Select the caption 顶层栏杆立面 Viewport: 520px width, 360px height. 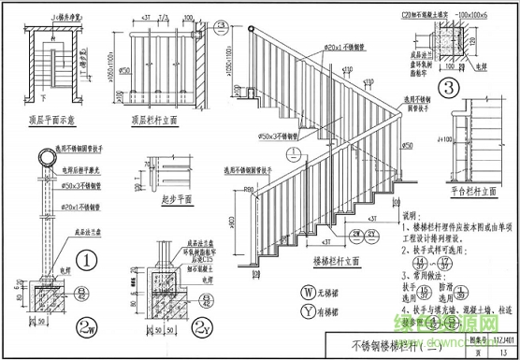[x=153, y=121]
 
